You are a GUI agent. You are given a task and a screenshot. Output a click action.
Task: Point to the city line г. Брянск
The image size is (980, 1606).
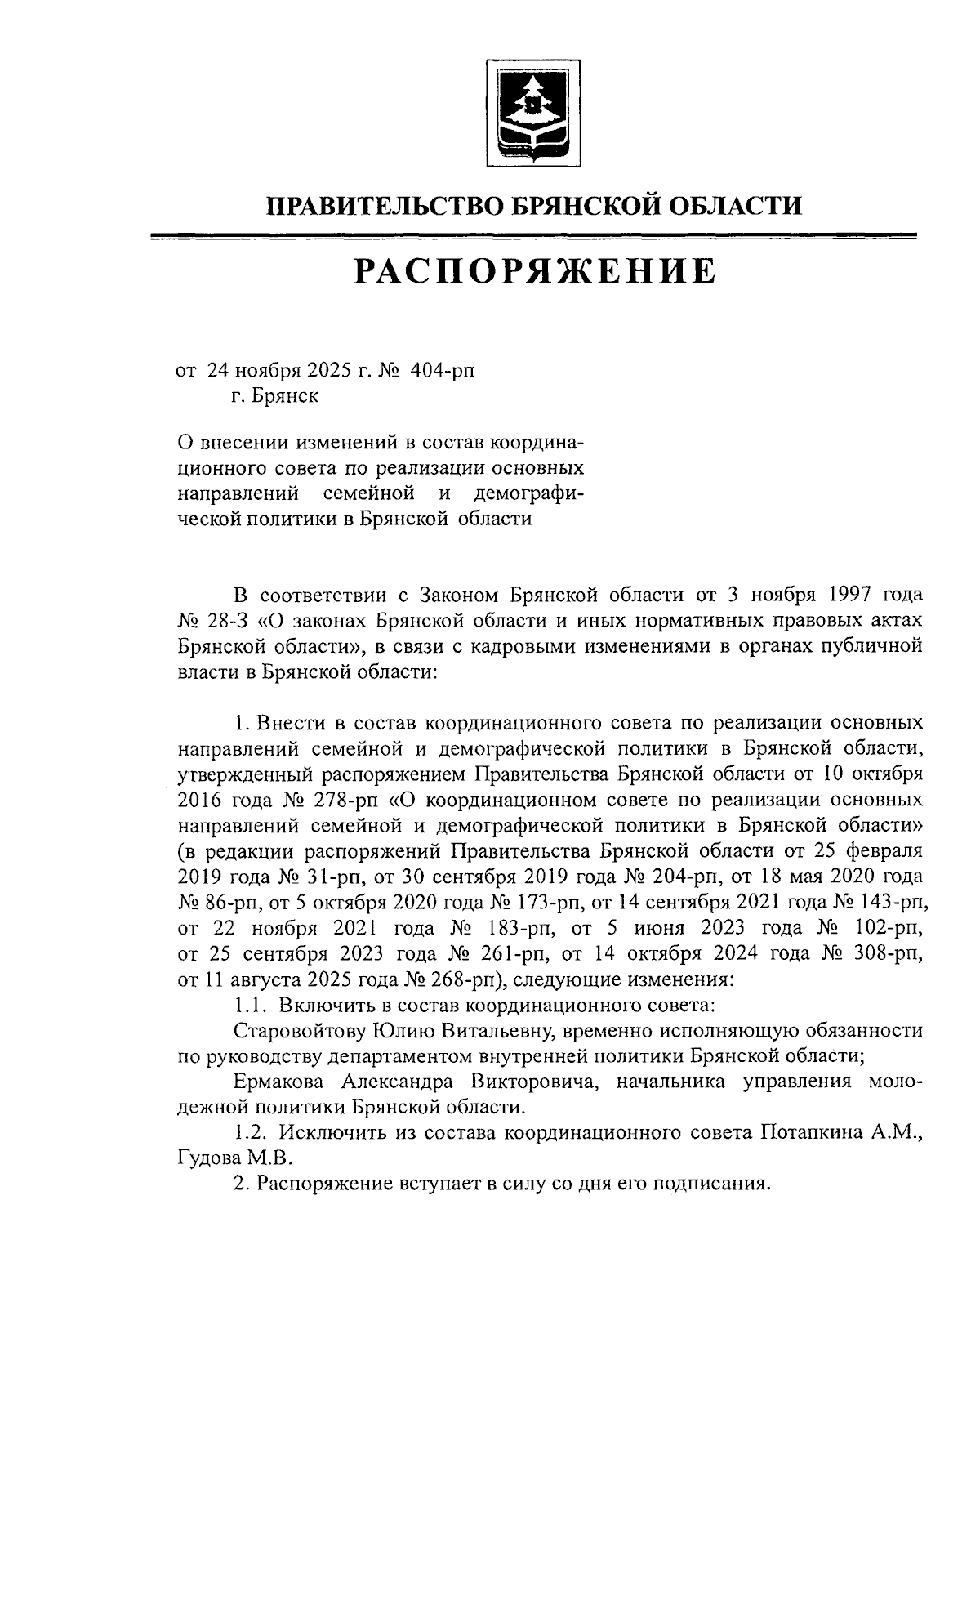coord(274,397)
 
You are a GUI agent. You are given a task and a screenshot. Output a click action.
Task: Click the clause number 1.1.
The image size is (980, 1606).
coord(246,1004)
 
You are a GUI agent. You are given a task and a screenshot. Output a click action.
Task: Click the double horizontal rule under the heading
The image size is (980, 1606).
coord(535,238)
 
